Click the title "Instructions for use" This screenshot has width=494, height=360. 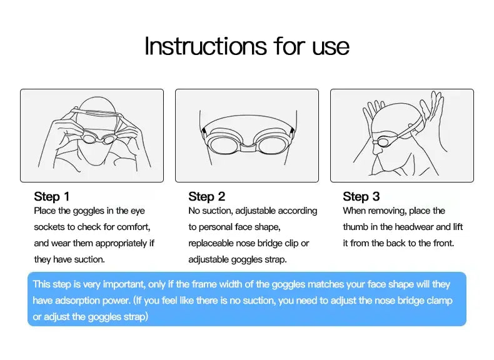point(246,47)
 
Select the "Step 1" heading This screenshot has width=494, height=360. point(52,196)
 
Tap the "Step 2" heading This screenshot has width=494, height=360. point(207,196)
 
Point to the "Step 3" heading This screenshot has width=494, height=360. point(361,196)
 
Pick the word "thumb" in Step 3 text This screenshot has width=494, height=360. point(355,227)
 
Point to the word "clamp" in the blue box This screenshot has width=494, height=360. point(440,301)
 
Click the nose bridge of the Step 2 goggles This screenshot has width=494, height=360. point(248,146)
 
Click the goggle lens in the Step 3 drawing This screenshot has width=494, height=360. point(384,141)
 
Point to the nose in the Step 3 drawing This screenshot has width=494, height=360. point(377,149)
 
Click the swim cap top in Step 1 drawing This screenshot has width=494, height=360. point(95,104)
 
